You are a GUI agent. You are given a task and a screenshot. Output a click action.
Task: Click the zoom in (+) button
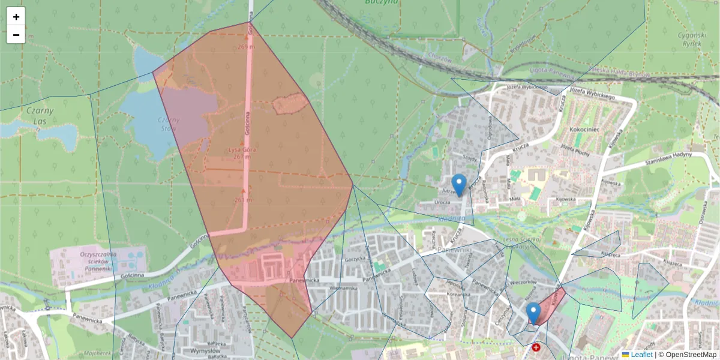16,17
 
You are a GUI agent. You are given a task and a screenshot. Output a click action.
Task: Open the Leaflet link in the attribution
641,355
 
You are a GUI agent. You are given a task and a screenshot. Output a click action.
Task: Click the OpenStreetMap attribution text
691,355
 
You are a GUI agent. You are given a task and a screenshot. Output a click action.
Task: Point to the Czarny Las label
40,115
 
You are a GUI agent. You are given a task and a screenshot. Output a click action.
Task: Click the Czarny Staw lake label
169,124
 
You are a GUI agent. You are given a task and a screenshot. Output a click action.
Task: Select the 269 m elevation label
245,46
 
